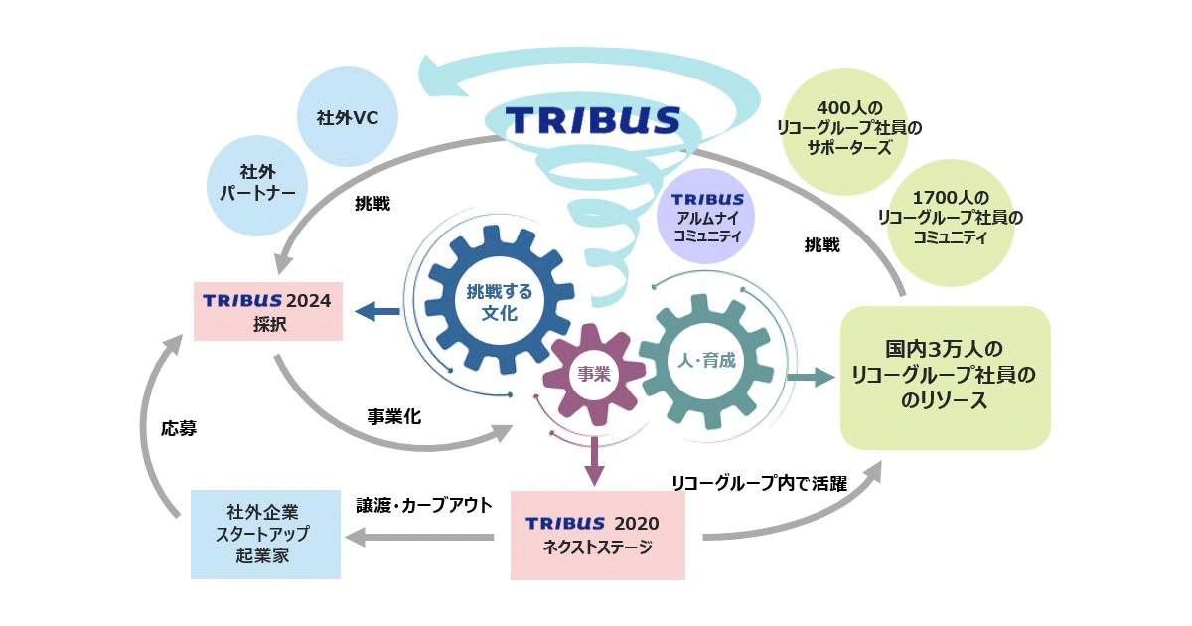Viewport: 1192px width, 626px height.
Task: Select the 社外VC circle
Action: point(348,117)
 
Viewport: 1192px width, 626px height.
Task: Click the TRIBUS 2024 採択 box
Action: point(268,311)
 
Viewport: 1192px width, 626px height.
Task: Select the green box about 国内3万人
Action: point(945,377)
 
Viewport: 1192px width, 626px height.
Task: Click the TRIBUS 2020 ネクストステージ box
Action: point(597,535)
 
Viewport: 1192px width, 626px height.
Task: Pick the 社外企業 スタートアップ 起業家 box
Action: point(264,534)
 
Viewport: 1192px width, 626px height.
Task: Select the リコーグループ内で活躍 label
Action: point(759,484)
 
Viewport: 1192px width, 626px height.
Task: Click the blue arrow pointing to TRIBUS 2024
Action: point(378,312)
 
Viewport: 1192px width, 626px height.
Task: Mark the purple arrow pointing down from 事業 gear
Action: point(595,461)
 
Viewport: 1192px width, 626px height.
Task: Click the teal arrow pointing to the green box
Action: point(810,377)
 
